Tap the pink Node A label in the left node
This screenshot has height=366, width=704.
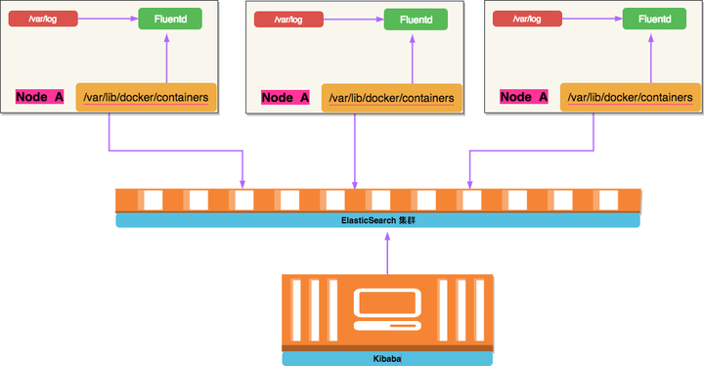pos(40,97)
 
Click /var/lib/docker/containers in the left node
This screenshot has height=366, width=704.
pos(146,97)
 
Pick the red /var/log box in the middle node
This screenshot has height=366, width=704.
pos(286,19)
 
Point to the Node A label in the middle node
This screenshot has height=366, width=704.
pos(286,97)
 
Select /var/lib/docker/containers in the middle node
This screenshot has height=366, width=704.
pos(391,98)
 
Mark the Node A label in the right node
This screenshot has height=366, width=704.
pos(523,97)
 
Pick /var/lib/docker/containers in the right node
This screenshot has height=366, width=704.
pos(631,98)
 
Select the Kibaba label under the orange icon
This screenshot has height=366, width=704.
pos(387,359)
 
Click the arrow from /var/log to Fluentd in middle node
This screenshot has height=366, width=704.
pos(351,19)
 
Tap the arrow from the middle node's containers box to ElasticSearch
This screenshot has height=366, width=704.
pos(355,147)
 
